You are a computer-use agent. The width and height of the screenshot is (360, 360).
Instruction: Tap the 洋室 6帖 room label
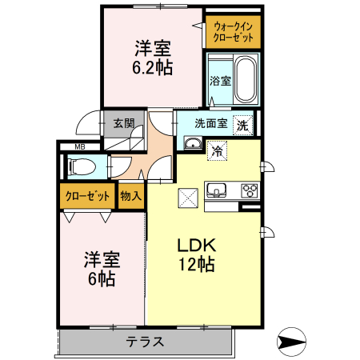tap(102, 269)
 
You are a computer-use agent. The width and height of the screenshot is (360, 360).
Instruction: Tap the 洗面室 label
tap(210, 124)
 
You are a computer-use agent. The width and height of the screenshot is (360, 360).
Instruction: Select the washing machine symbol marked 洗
tap(241, 125)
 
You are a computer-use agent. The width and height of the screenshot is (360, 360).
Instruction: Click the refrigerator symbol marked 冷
tap(216, 150)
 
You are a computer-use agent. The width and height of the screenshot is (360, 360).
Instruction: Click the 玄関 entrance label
tap(123, 124)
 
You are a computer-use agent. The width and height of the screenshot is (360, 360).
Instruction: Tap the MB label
tap(80, 147)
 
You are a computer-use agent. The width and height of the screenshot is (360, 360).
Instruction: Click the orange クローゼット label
tap(88, 195)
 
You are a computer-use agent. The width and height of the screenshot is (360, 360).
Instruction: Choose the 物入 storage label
tap(130, 194)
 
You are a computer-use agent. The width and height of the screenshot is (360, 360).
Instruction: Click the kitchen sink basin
tap(218, 190)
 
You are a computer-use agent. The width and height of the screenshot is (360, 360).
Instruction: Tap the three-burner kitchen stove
tap(250, 190)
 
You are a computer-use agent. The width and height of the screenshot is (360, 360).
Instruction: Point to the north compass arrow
tap(292, 342)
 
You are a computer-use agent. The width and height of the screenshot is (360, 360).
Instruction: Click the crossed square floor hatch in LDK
tap(187, 195)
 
